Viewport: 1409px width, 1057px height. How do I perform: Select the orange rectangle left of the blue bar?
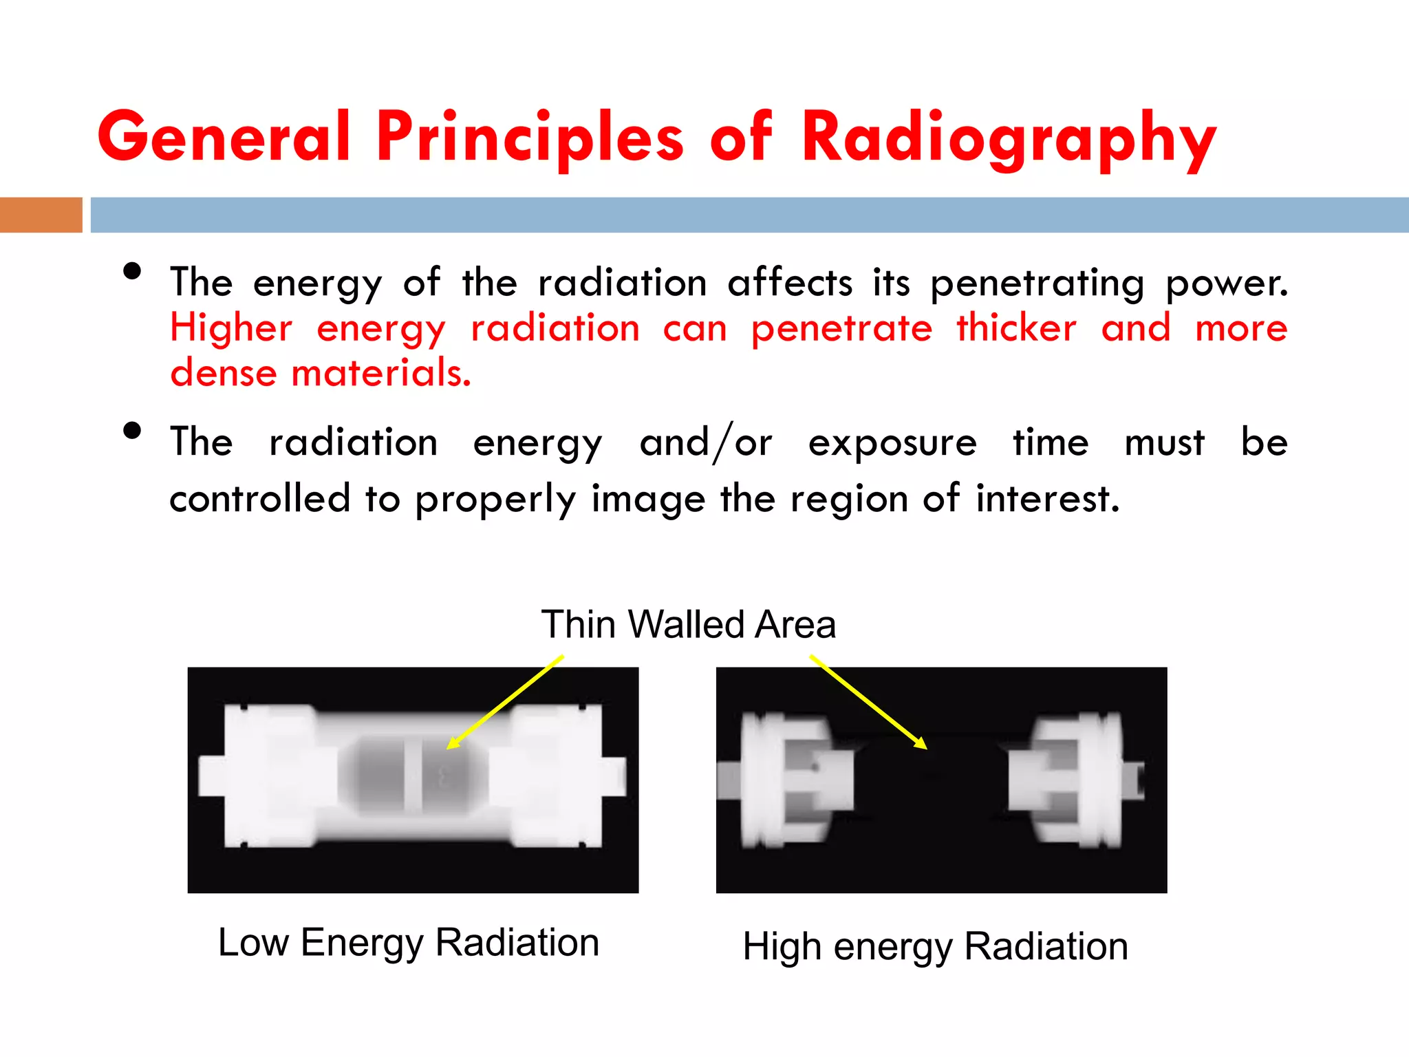(x=41, y=215)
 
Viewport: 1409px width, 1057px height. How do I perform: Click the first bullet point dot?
(x=132, y=271)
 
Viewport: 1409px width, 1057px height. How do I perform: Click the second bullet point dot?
(x=132, y=431)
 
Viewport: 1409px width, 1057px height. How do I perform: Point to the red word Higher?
(x=231, y=328)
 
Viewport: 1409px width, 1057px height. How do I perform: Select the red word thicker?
(x=1016, y=328)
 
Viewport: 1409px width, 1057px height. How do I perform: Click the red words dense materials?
(x=321, y=373)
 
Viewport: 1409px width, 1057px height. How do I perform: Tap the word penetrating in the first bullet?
(x=1037, y=283)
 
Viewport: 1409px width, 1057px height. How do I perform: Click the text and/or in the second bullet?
(x=705, y=442)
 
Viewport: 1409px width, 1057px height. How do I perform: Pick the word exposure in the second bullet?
(x=892, y=442)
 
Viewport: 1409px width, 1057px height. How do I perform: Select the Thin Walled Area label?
(x=688, y=624)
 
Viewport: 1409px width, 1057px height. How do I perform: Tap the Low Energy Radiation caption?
(x=409, y=942)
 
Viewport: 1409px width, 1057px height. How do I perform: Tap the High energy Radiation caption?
(x=935, y=946)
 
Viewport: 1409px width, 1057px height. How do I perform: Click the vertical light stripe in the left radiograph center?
(x=413, y=776)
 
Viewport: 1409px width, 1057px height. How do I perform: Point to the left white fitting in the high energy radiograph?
(x=791, y=780)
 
